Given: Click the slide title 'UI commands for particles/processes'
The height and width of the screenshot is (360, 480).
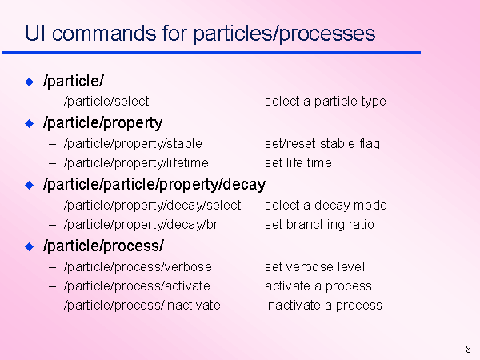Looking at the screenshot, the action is [x=200, y=34].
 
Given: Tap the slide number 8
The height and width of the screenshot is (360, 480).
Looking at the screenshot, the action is [x=468, y=350].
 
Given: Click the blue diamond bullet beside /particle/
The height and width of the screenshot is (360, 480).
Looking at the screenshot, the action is [x=30, y=82].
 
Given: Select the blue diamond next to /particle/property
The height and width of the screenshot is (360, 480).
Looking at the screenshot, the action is [x=30, y=124].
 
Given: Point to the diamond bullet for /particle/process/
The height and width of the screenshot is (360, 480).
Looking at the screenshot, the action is [x=30, y=246].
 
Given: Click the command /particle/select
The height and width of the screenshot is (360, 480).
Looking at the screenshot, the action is [x=106, y=102].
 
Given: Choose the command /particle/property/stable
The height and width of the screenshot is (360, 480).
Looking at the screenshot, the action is [x=133, y=144].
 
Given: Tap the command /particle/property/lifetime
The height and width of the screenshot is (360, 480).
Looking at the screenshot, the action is [x=136, y=163].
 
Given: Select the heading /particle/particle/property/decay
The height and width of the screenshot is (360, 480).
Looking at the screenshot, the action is [x=154, y=185].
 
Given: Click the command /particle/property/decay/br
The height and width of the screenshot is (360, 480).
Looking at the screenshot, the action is [x=141, y=225].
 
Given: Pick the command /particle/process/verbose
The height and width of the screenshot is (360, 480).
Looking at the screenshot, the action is [x=138, y=267].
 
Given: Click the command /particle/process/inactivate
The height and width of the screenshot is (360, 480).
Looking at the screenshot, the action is [x=142, y=306].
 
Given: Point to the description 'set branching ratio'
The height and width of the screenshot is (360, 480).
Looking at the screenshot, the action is [x=319, y=224].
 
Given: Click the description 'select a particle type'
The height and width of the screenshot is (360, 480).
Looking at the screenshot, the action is [x=326, y=102].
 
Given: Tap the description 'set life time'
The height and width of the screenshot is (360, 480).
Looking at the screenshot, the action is [x=298, y=163].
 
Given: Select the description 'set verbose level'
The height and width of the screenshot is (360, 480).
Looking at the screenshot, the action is [x=314, y=266].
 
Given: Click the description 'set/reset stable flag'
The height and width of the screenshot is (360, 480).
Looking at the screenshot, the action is [x=322, y=144].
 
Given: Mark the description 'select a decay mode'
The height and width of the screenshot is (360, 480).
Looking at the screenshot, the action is [x=326, y=206].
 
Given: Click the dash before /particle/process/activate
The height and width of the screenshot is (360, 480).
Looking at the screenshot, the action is [x=52, y=287].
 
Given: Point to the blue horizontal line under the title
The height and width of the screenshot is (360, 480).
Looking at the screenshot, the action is [x=211, y=53].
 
